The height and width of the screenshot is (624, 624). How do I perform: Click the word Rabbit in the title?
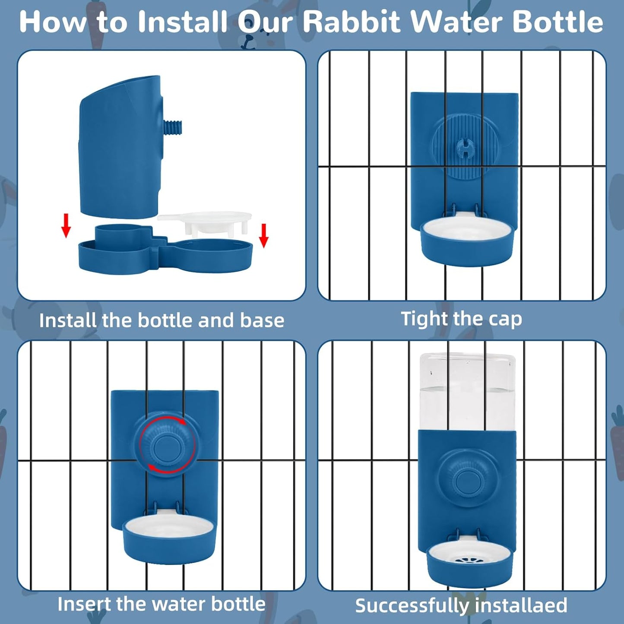point(352,22)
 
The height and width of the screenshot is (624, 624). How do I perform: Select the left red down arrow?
point(66,225)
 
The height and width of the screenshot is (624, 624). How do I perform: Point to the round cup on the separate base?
point(117,236)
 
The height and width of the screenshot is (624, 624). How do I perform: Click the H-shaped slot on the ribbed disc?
point(466,149)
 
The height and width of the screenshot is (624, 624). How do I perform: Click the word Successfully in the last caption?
point(412,606)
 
